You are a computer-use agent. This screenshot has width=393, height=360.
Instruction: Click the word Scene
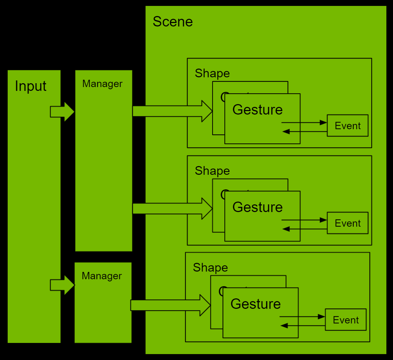tap(172, 22)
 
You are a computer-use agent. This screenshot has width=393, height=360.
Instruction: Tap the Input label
tap(31, 86)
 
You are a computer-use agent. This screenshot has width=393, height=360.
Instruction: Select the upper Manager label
tap(102, 84)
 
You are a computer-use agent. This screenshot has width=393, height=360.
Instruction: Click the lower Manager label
tap(102, 276)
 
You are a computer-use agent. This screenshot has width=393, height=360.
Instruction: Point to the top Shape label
tap(212, 73)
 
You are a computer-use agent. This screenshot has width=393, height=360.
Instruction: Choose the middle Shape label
tap(212, 171)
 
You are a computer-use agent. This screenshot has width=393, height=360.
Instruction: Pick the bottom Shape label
tap(210, 267)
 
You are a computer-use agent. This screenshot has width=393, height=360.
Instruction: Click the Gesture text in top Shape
tap(257, 110)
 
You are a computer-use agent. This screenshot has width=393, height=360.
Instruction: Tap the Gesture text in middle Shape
tap(257, 207)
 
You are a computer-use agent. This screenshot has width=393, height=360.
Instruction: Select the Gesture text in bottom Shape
tap(255, 304)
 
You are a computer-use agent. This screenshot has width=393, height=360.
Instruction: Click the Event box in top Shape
tap(347, 126)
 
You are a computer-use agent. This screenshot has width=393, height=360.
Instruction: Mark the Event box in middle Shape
tap(347, 223)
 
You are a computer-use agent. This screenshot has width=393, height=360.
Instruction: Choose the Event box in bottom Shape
tap(346, 320)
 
